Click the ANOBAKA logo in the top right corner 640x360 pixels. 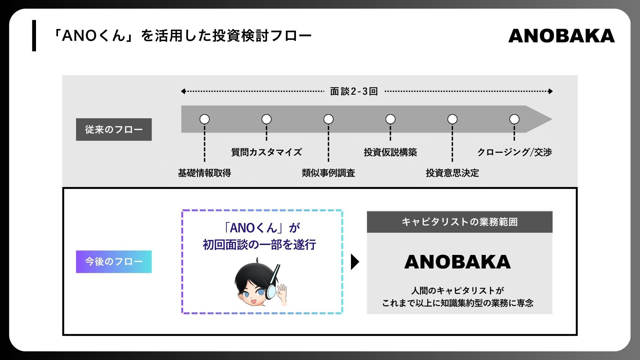coord(561,36)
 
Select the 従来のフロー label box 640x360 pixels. coord(114,129)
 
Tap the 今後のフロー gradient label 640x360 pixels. coord(114,262)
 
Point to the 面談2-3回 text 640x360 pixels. coord(354,91)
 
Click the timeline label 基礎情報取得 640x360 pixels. coord(204,173)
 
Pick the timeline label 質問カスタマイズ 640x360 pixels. coord(266,152)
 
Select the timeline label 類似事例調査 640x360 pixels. coord(328,173)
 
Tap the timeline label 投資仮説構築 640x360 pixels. coord(390,152)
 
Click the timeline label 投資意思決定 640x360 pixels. coord(452,173)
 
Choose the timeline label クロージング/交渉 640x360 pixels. coord(514,152)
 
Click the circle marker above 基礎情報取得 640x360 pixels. coord(204,119)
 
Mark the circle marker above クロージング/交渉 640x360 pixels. coord(514,119)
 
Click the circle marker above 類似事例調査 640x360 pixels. coord(328,119)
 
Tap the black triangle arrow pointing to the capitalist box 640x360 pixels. coord(355,262)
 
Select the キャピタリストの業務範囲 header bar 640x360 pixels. coord(459,222)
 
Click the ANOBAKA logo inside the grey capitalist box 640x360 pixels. coord(457,262)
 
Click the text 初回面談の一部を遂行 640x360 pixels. coord(259,245)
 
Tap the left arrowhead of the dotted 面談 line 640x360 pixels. coord(183,91)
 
